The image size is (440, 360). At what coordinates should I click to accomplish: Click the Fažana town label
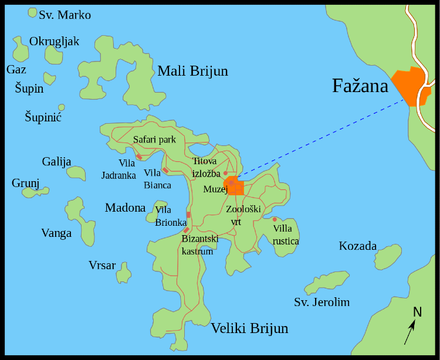click(x=360, y=86)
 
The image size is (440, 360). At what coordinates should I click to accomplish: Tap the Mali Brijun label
click(x=192, y=72)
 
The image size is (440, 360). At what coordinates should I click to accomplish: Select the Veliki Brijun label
click(x=249, y=328)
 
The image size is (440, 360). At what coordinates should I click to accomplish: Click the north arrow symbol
click(x=409, y=332)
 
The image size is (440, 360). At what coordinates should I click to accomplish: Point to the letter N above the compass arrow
click(x=417, y=312)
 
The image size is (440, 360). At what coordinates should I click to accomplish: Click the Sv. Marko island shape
click(x=32, y=12)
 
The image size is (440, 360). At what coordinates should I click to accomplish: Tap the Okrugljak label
click(x=54, y=41)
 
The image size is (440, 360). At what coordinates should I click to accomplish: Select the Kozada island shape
click(x=388, y=258)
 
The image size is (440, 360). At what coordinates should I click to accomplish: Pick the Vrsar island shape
click(x=124, y=273)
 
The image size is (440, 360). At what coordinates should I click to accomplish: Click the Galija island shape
click(x=76, y=172)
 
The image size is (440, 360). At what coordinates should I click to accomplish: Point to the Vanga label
click(x=56, y=233)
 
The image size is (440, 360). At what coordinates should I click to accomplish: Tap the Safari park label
click(x=154, y=140)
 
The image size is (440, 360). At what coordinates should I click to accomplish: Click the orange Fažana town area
click(x=409, y=85)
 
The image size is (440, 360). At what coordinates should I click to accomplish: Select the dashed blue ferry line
click(x=317, y=140)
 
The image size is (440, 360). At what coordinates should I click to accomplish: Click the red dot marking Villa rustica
click(x=274, y=219)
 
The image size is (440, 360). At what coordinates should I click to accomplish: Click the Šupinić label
click(x=43, y=117)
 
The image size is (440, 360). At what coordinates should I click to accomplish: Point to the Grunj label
click(x=25, y=184)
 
